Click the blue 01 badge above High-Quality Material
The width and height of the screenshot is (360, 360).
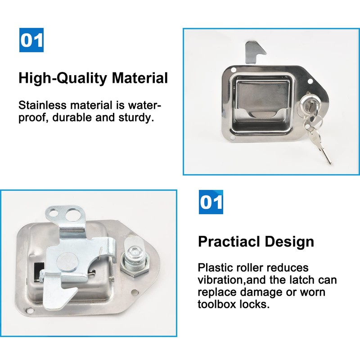pos(31,40)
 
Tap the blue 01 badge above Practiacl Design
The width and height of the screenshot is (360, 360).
pos(211,202)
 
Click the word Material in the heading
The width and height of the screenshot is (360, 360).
pos(140,78)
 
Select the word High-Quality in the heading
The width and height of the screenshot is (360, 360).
pos(63,78)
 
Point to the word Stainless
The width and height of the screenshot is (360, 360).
pos(42,105)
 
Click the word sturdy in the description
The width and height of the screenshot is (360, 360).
pos(136,118)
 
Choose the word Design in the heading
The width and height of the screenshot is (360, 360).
pos(289,242)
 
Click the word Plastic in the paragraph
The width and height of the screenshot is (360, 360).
pos(212,268)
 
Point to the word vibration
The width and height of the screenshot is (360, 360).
pos(221,280)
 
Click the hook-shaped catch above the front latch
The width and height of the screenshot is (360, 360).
pos(255,52)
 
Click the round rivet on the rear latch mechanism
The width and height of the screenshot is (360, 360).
pos(67,262)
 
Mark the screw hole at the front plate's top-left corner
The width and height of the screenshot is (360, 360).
pos(233,70)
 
